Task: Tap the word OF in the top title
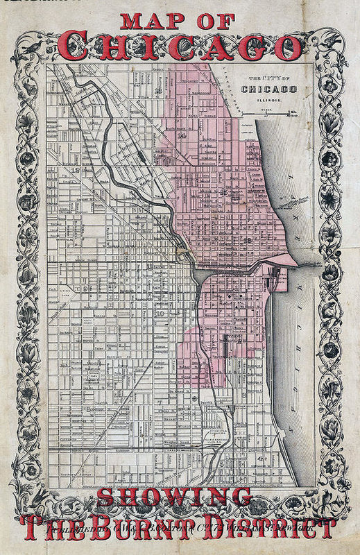pyautogui.click(x=214, y=22)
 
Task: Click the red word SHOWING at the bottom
pyautogui.click(x=174, y=497)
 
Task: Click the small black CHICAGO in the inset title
pyautogui.click(x=269, y=89)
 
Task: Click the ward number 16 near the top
pyautogui.click(x=158, y=90)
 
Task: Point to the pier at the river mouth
pyautogui.click(x=305, y=260)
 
